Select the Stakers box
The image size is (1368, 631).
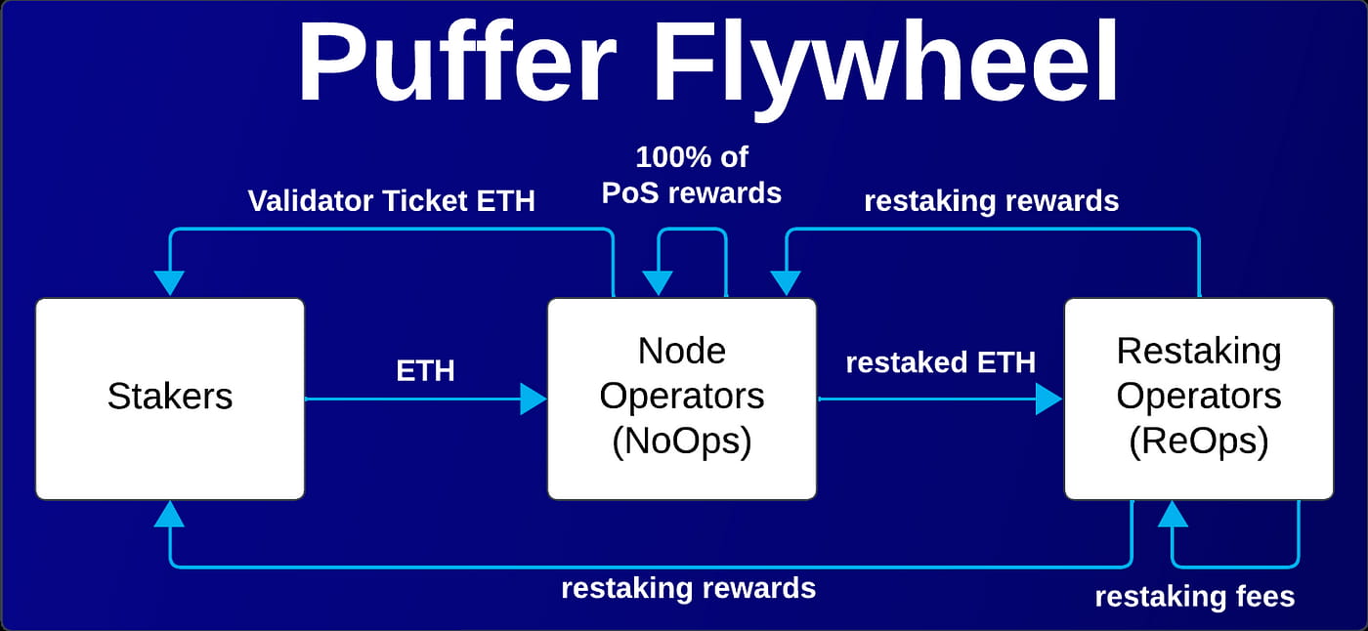point(170,399)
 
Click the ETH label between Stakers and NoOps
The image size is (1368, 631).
point(425,370)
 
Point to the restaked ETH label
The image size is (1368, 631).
point(940,362)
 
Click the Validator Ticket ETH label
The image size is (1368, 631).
point(391,201)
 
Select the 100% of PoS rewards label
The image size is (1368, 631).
point(692,175)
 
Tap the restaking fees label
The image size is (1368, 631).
point(1194,597)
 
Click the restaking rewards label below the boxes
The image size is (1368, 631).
point(688,588)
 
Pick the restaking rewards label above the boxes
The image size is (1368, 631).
point(991,201)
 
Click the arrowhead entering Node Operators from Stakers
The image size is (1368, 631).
point(534,399)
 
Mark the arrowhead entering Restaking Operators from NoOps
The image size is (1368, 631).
point(1048,399)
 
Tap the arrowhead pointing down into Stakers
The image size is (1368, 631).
point(170,281)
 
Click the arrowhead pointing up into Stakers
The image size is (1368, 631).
point(170,514)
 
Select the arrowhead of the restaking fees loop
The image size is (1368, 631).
point(1173,514)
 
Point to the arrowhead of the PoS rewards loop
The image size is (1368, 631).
point(658,281)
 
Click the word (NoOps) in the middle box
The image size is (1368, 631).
point(681,442)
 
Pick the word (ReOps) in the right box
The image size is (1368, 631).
point(1198,442)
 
